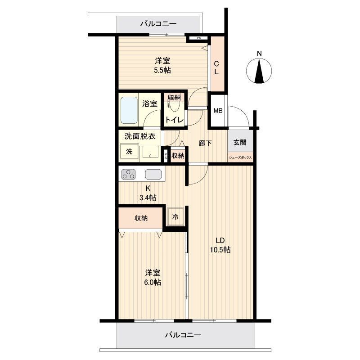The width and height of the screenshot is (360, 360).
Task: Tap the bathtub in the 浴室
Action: pos(129,110)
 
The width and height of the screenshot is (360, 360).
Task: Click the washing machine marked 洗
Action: pos(129,152)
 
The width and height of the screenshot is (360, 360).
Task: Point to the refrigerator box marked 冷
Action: pos(175,217)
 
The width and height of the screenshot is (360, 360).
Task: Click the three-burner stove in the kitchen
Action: pos(129,174)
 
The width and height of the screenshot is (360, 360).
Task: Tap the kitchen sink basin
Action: pos(153,174)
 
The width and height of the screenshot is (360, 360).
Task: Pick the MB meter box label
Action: pos(218,111)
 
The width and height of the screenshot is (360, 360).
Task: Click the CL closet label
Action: pos(216,68)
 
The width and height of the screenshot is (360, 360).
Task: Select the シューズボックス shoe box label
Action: pos(240,158)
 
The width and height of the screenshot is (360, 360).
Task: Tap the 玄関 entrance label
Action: pos(240,143)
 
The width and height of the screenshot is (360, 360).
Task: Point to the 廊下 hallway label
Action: pos(205,143)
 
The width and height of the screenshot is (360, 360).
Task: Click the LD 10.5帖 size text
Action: pos(220,245)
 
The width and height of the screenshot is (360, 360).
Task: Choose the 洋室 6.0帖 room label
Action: pos(153,278)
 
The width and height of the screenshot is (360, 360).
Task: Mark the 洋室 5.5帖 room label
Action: pos(162,66)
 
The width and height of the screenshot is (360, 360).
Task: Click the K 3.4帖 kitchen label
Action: pos(148,193)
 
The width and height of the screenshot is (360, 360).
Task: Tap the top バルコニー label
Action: pos(158,23)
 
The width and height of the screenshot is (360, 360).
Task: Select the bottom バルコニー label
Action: pos(183,335)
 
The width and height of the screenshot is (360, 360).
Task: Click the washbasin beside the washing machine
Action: pos(150,152)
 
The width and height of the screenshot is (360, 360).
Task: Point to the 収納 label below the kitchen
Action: pos(141,218)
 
